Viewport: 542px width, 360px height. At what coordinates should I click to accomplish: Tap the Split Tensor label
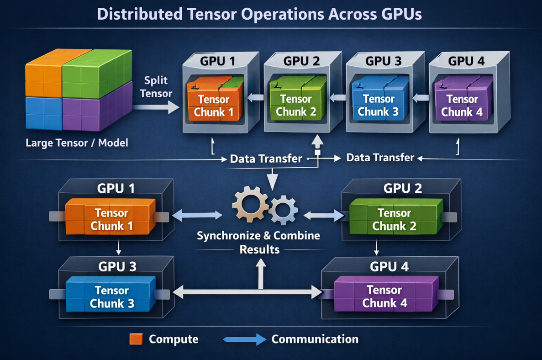coord(156,87)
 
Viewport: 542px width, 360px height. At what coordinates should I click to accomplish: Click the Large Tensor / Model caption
coord(77,143)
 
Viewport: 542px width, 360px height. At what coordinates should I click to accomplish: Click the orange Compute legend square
coord(136,339)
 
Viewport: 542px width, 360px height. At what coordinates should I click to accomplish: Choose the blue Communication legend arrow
coord(244,339)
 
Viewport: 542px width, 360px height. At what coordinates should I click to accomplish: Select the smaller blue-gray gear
coord(284,210)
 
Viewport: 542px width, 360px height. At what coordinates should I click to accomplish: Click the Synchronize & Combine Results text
coord(258,243)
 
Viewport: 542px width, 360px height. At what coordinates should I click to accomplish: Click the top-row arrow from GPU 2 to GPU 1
coord(255,97)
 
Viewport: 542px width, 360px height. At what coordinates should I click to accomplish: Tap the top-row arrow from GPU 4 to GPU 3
coord(421,97)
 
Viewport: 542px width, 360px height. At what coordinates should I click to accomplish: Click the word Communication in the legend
coord(315,339)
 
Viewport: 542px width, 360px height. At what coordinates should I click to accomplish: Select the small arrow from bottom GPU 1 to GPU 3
coord(119,248)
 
